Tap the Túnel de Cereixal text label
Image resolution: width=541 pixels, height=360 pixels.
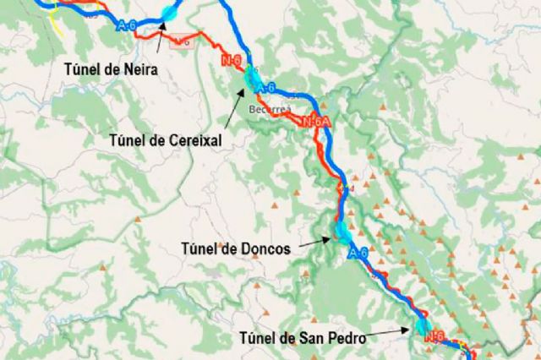(x=165, y=141)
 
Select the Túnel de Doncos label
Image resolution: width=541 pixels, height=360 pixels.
(x=237, y=248)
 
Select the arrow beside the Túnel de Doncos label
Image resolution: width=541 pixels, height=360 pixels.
(x=315, y=242)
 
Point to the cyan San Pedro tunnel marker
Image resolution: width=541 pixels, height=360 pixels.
(x=422, y=326)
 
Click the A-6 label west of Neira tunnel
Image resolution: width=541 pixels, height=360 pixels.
(x=128, y=26)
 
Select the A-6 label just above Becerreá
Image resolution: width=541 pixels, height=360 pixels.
(x=266, y=88)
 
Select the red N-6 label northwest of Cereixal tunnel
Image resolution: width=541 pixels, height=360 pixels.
(x=232, y=61)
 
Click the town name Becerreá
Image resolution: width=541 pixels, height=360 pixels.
(x=269, y=110)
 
